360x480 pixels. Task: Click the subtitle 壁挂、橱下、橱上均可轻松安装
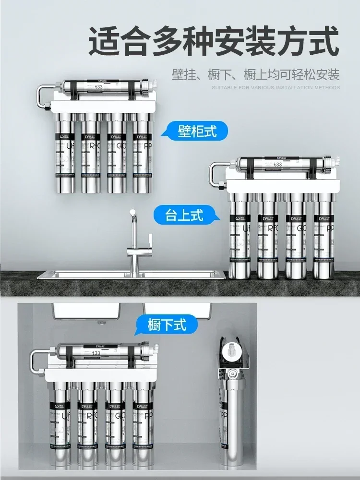coord(255,75)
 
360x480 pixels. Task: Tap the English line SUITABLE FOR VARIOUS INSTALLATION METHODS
coord(276,88)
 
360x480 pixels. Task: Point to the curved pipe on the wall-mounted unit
coord(42,96)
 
